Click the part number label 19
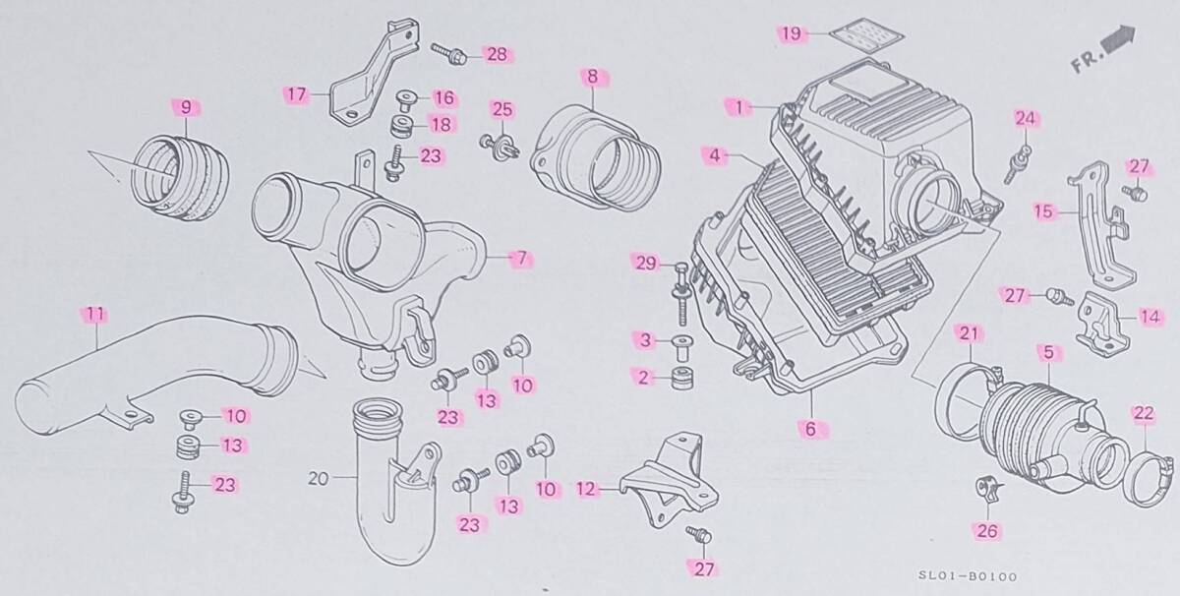click(x=791, y=33)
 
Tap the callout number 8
click(x=593, y=76)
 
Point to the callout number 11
click(x=94, y=315)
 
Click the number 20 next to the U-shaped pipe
click(x=317, y=480)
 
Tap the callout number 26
click(x=986, y=531)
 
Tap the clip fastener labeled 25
click(x=501, y=144)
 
